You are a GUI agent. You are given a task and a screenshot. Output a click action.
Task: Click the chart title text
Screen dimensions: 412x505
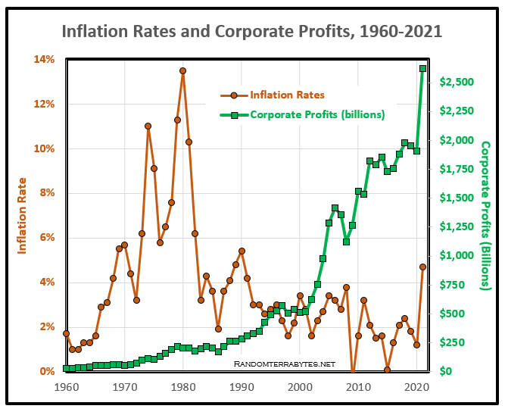pos(251,32)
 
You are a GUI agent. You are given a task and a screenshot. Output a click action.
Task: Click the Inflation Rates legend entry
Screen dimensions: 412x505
pos(286,95)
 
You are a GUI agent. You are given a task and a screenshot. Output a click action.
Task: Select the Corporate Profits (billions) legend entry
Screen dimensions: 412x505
pos(316,115)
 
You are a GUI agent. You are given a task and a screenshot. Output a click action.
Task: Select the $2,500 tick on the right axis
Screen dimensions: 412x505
pos(457,82)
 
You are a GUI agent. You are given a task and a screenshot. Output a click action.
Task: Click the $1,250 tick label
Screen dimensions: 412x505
pos(457,226)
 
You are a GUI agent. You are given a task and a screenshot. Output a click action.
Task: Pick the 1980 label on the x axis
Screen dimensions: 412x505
pos(182,386)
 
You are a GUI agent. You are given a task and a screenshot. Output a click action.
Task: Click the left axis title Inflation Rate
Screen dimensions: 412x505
pos(23,215)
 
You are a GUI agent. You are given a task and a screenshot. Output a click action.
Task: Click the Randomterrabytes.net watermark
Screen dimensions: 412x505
pos(284,364)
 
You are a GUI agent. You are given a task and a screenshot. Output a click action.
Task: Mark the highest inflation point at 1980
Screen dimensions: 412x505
pos(182,70)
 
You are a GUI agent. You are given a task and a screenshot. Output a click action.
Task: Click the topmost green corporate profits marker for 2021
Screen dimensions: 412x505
pos(422,68)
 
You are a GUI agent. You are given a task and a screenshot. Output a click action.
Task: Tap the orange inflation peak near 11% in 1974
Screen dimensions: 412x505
pos(148,126)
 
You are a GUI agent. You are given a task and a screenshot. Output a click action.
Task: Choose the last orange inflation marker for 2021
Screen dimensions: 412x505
pos(422,267)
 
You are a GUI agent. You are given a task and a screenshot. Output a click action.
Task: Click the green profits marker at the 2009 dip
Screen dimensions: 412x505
pos(346,242)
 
